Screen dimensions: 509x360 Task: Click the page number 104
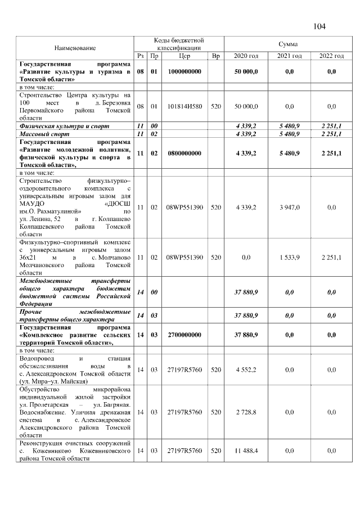point(318,26)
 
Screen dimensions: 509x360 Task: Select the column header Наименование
point(75,48)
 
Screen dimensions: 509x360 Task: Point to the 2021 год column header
point(289,56)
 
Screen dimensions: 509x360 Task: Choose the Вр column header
point(215,56)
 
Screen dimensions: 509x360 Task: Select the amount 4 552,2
point(246,370)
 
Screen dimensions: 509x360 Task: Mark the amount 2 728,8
point(246,412)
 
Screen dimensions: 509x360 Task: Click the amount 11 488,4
point(246,451)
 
